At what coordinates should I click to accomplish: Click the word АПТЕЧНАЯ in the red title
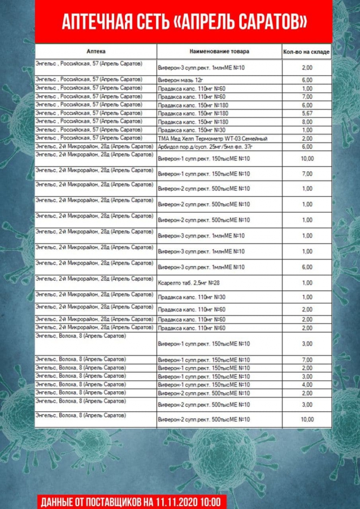pos(90,22)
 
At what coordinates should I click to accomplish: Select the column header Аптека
pos(96,51)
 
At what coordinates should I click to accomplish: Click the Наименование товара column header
pos(219,51)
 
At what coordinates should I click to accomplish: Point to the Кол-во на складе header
pos(306,52)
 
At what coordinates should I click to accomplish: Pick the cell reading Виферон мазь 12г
pos(179,80)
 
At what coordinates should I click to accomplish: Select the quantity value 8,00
pos(307,122)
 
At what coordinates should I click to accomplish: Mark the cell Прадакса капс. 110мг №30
pos(184,297)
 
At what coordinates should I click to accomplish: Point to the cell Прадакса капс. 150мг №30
pos(184,130)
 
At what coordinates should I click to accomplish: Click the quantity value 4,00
pos(307,385)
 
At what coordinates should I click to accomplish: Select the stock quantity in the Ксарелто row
pos(307,283)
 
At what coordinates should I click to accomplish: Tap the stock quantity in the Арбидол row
pos(307,146)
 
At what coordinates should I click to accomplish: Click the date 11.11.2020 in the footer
pos(177,502)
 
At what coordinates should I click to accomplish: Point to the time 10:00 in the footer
pos(213,502)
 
